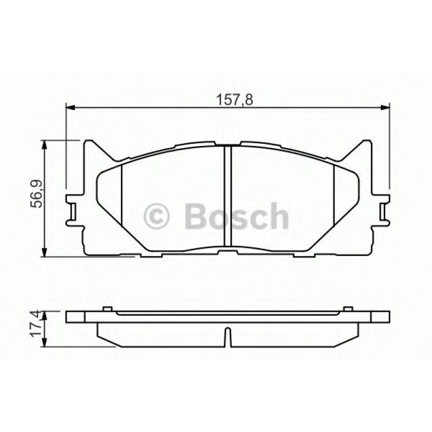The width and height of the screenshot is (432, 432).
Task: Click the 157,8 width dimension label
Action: coord(227,100)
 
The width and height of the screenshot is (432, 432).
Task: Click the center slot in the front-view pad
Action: coord(227,199)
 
